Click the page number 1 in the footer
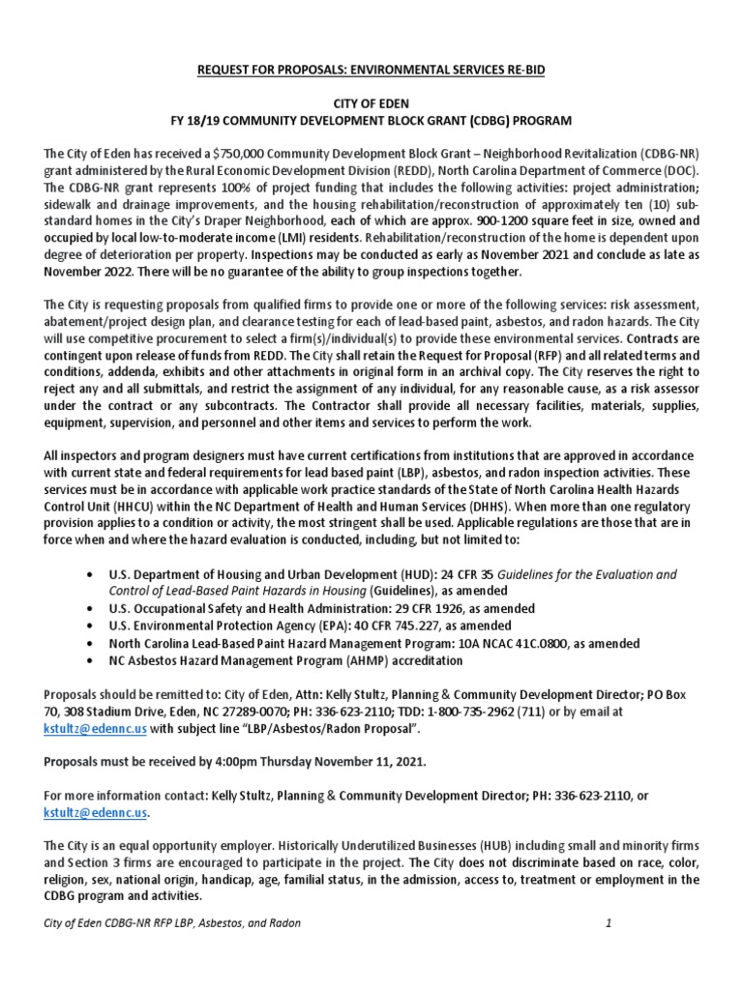tap(609, 923)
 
